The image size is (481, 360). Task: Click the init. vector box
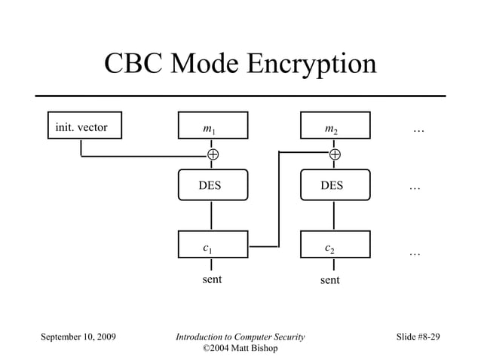tap(81, 127)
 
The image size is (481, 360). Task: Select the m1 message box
tap(212, 127)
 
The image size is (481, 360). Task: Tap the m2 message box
tap(335, 127)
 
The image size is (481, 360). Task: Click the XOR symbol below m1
tap(213, 155)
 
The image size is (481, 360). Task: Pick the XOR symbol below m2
tap(335, 155)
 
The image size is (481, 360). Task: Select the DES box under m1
tap(212, 185)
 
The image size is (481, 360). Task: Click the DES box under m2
tap(335, 185)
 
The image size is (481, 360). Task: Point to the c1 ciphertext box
tap(212, 246)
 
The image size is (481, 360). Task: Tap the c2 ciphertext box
tap(335, 246)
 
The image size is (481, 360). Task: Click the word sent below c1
tap(212, 280)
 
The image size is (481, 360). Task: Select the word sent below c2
tap(329, 280)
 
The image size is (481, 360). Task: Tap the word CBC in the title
tap(132, 64)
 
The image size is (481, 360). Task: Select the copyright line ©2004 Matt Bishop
tap(240, 348)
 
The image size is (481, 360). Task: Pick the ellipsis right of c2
tap(415, 254)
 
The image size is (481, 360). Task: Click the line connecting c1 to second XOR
tap(278, 200)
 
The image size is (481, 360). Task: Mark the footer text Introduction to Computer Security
tap(240, 337)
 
